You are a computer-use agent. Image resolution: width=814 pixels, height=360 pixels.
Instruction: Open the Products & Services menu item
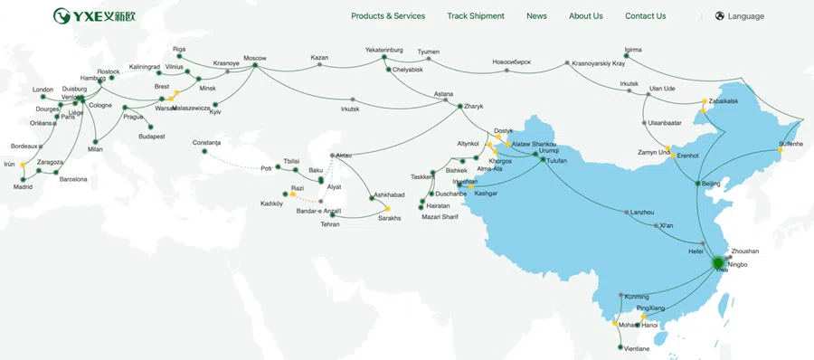click(x=387, y=16)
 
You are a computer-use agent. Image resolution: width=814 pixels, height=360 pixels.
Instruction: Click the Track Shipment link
click(x=475, y=16)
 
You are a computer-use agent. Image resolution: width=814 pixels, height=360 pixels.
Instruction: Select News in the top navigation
click(x=536, y=16)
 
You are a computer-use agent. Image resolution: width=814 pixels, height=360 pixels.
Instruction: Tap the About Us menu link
click(x=585, y=16)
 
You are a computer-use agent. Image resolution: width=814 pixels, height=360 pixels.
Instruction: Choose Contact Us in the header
click(x=645, y=16)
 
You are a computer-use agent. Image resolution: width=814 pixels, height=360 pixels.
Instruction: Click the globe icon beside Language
click(x=719, y=16)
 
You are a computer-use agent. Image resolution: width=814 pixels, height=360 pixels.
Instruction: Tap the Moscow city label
click(x=254, y=59)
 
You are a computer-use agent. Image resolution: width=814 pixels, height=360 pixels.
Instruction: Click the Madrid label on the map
click(x=23, y=187)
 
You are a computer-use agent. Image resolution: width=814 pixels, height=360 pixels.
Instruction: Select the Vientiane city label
click(x=633, y=348)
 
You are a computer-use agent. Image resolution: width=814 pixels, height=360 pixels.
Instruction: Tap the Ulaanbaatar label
click(x=664, y=123)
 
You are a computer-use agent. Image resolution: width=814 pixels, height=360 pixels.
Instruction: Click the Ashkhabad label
click(x=389, y=195)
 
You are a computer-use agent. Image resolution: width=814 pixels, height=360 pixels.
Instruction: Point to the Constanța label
click(x=213, y=142)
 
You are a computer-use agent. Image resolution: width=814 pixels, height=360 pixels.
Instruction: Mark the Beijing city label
click(x=711, y=184)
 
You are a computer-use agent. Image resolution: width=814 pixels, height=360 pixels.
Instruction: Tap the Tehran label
click(x=329, y=224)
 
